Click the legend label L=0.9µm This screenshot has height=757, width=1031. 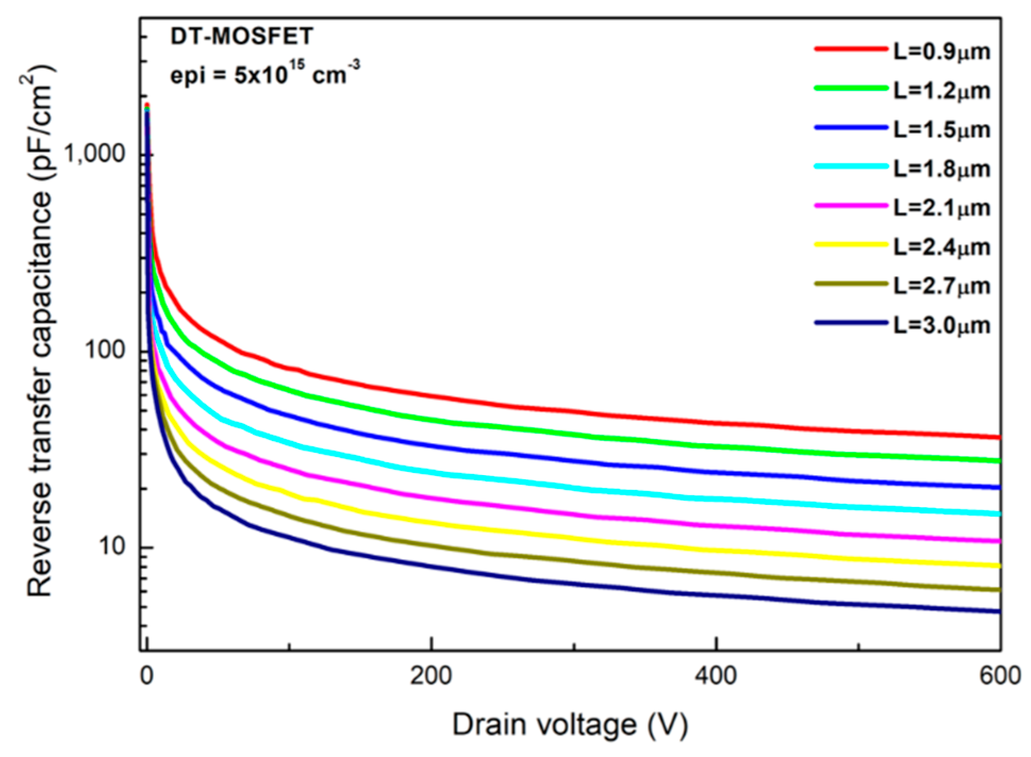(x=941, y=52)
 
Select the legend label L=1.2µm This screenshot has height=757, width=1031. (x=941, y=91)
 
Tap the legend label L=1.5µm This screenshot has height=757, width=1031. (x=941, y=130)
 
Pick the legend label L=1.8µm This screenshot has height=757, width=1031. (x=941, y=169)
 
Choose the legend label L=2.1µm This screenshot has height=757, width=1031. (x=941, y=208)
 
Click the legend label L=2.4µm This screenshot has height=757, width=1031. (x=941, y=247)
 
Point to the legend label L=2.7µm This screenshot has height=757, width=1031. (x=941, y=286)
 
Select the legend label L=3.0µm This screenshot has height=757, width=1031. (x=941, y=326)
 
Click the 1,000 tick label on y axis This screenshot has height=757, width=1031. (x=94, y=154)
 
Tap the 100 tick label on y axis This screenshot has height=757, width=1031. (x=104, y=350)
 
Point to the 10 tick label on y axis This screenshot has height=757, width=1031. (x=111, y=546)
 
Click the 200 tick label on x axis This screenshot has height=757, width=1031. (x=431, y=676)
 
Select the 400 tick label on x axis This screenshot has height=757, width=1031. (x=716, y=676)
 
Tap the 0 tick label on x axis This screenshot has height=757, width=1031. (x=147, y=676)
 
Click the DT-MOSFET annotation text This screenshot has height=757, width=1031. (x=242, y=36)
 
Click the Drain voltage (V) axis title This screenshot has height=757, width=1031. (x=570, y=725)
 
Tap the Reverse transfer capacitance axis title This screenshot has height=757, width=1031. (x=40, y=330)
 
